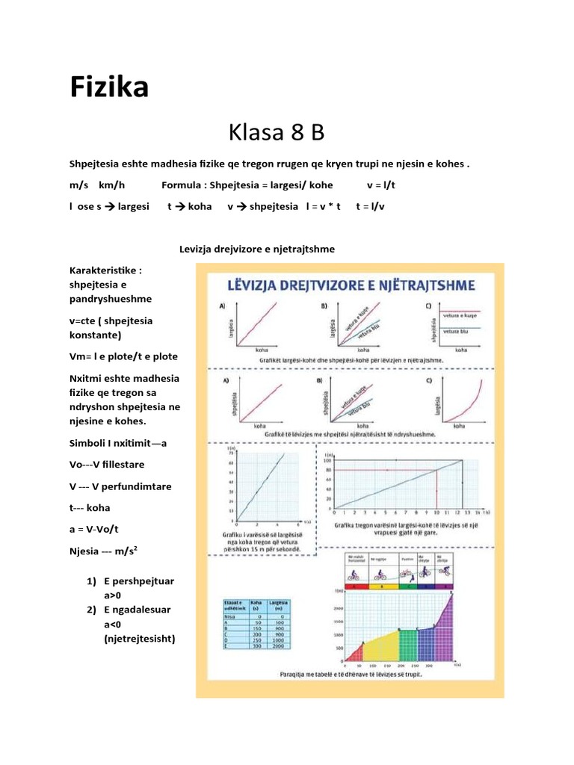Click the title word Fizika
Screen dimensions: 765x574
pyautogui.click(x=109, y=88)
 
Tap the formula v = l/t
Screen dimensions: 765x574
pyautogui.click(x=380, y=185)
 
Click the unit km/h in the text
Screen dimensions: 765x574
pyautogui.click(x=111, y=185)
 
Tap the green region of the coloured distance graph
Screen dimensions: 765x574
pyautogui.click(x=409, y=647)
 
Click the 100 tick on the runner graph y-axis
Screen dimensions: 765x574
pyautogui.click(x=327, y=460)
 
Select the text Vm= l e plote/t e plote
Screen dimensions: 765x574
pyautogui.click(x=123, y=356)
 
